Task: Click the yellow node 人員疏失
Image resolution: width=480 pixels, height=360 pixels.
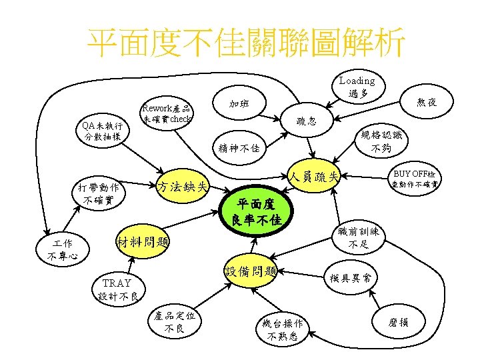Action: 315,177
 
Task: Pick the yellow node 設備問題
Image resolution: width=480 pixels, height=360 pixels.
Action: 251,271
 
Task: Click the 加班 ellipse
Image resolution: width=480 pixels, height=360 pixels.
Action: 240,103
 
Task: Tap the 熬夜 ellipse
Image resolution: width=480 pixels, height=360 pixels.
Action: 427,102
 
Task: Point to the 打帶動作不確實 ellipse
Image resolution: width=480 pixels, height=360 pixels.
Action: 98,193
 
